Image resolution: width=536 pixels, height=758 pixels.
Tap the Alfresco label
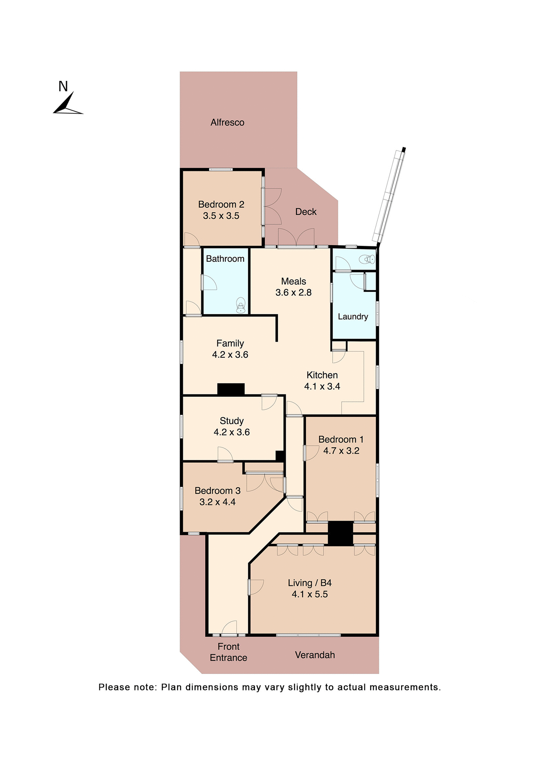pyautogui.click(x=227, y=122)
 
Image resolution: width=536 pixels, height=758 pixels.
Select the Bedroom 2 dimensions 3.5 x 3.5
pyautogui.click(x=221, y=216)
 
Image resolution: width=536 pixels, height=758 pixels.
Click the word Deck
pyautogui.click(x=306, y=212)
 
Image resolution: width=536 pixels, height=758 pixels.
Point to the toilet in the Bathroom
pyautogui.click(x=240, y=305)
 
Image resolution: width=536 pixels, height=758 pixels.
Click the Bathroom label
pyautogui.click(x=225, y=259)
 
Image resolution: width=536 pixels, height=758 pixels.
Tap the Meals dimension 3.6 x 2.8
pyautogui.click(x=293, y=293)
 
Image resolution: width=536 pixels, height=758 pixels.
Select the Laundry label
pyautogui.click(x=353, y=317)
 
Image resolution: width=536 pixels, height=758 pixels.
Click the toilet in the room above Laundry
pyautogui.click(x=367, y=259)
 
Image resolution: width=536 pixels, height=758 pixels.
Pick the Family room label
pyautogui.click(x=230, y=343)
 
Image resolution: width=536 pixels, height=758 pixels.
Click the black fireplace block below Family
pyautogui.click(x=231, y=389)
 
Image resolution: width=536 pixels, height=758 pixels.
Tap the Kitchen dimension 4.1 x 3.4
pyautogui.click(x=322, y=387)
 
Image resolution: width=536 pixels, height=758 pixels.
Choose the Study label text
pyautogui.click(x=232, y=421)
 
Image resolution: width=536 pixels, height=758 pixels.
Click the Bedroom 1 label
pyautogui.click(x=341, y=439)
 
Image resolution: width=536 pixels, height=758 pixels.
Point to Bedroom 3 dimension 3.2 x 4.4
pyautogui.click(x=217, y=502)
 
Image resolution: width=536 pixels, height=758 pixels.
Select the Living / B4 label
pyautogui.click(x=309, y=583)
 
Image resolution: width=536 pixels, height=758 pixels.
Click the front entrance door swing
pyautogui.click(x=230, y=628)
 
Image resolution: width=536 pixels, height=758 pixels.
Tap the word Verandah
pyautogui.click(x=315, y=655)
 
